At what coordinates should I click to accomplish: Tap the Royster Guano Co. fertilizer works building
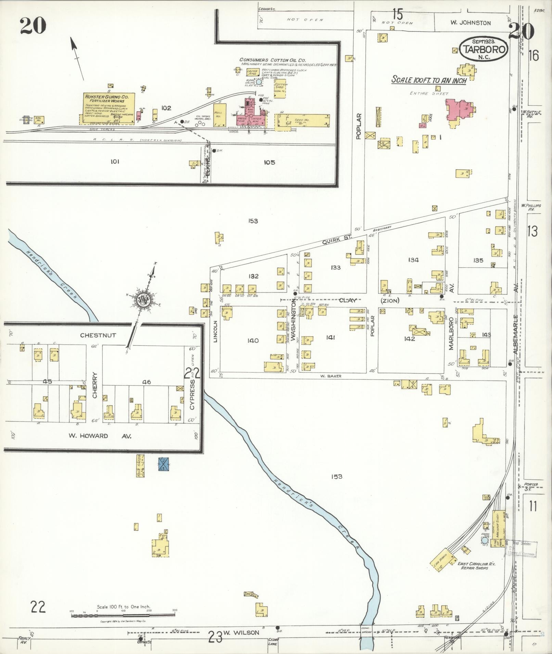point(108,108)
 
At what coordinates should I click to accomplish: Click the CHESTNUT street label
point(98,335)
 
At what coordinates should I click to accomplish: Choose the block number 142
point(409,339)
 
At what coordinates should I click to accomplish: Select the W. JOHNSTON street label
point(470,23)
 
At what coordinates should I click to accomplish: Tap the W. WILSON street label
point(241,632)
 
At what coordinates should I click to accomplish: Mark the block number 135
point(478,260)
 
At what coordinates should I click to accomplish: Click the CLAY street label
point(348,301)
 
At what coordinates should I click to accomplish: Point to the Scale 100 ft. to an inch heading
point(429,81)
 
